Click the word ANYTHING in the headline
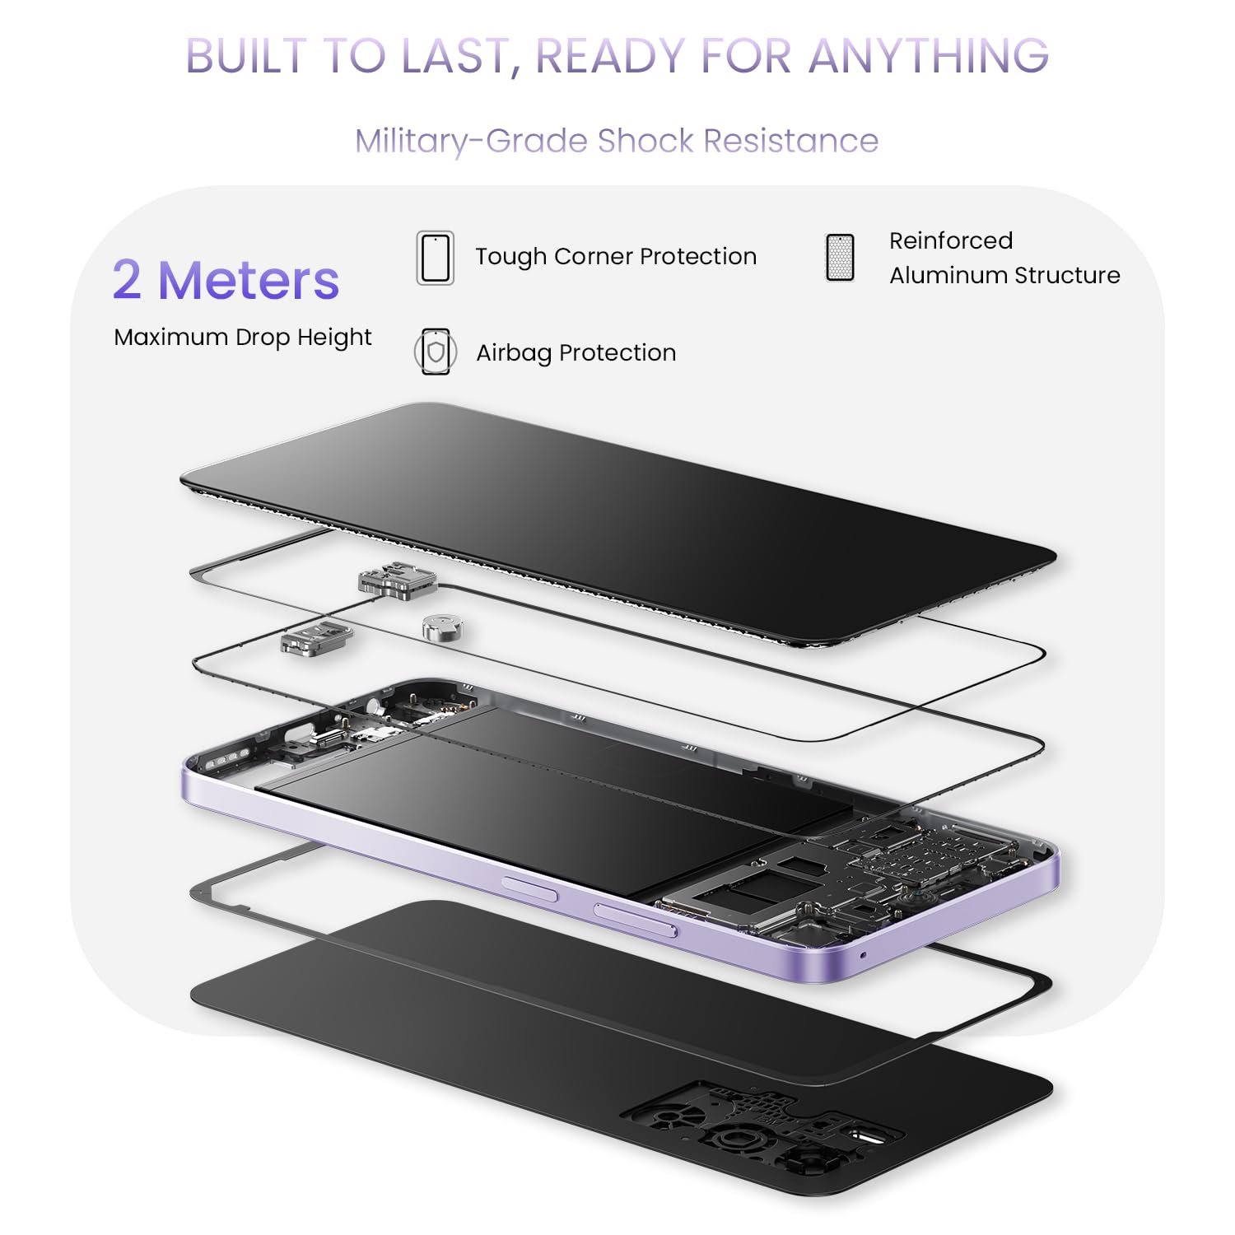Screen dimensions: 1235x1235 pyautogui.click(x=929, y=56)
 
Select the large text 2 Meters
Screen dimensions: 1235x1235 pyautogui.click(x=226, y=280)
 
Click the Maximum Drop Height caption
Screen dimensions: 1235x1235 pyautogui.click(x=243, y=338)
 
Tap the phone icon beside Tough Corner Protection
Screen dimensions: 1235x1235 pyautogui.click(x=435, y=258)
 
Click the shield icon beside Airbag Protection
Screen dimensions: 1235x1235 pyautogui.click(x=435, y=352)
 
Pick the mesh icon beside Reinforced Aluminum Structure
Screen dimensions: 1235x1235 pyautogui.click(x=840, y=257)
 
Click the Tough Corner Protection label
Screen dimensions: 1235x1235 pyautogui.click(x=616, y=257)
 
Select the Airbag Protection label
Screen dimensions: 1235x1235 pyautogui.click(x=576, y=353)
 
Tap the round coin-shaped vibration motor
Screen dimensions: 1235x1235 pyautogui.click(x=444, y=627)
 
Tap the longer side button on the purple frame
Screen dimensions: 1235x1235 pyautogui.click(x=636, y=920)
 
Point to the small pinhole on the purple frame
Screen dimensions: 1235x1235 pyautogui.click(x=862, y=955)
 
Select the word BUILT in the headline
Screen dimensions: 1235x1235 pyautogui.click(x=246, y=56)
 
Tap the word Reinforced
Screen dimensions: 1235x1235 pyautogui.click(x=951, y=240)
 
